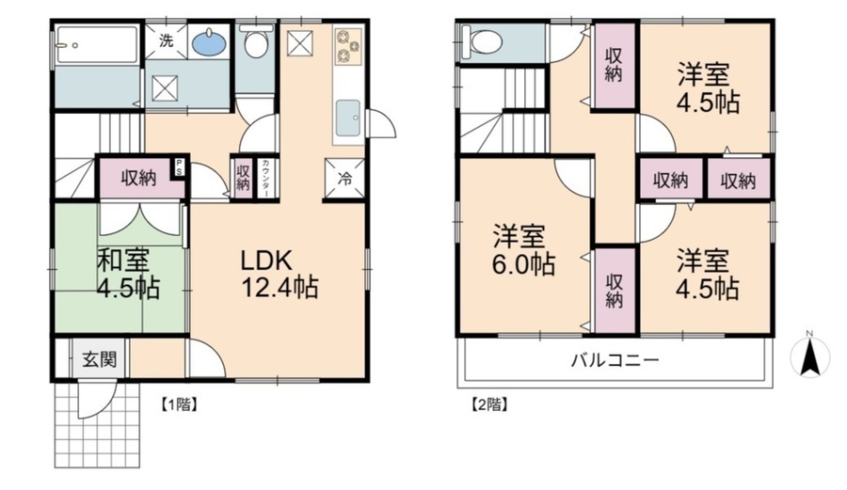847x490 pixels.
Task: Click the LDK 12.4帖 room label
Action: [279, 274]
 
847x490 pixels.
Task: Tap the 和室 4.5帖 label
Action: [128, 274]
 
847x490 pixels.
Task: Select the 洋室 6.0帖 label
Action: [523, 250]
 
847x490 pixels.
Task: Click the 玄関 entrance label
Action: [99, 359]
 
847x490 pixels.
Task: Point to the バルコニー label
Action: [615, 359]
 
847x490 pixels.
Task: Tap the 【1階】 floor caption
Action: [178, 404]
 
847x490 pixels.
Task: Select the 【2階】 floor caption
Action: [489, 404]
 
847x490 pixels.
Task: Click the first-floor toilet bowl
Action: [256, 42]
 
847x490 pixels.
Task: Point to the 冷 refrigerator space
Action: [344, 180]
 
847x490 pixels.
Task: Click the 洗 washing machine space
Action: [167, 40]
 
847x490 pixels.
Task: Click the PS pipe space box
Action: [178, 166]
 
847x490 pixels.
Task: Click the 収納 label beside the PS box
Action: [138, 178]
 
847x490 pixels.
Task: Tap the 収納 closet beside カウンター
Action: [243, 178]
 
